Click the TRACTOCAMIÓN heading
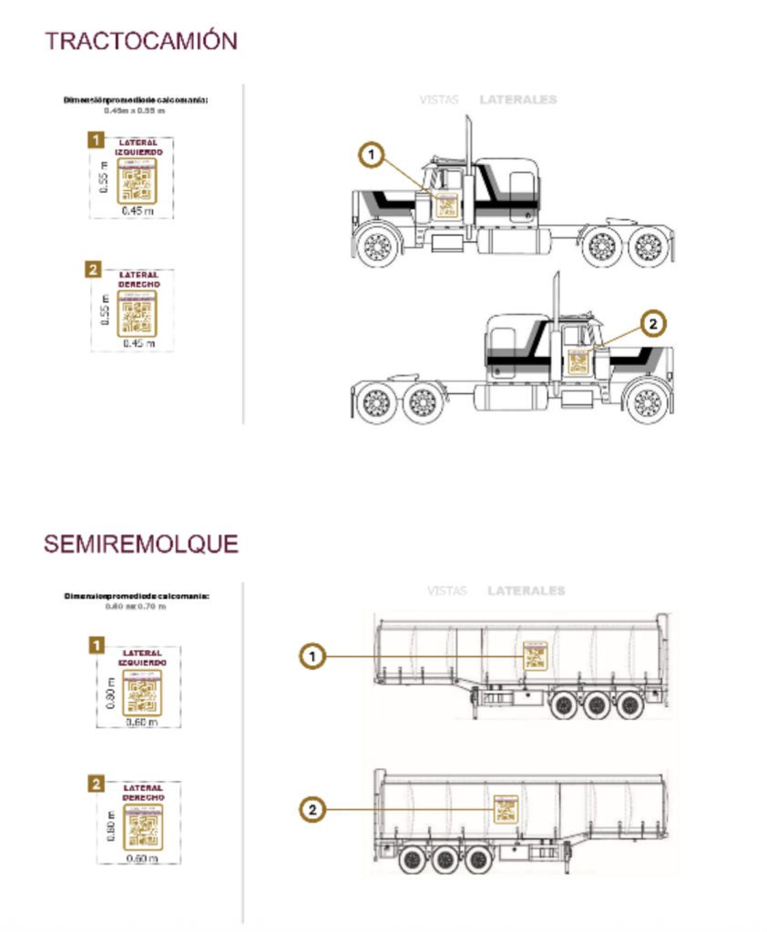point(141,41)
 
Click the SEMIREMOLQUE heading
point(141,544)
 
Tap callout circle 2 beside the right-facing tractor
point(654,322)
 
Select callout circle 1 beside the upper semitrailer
point(312,654)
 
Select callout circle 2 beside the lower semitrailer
point(312,808)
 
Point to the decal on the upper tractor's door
point(446,205)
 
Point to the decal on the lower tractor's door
point(578,360)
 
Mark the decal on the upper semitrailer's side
point(535,656)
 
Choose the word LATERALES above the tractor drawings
point(517,100)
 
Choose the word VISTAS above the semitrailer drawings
point(446,591)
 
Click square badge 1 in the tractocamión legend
point(94,140)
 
